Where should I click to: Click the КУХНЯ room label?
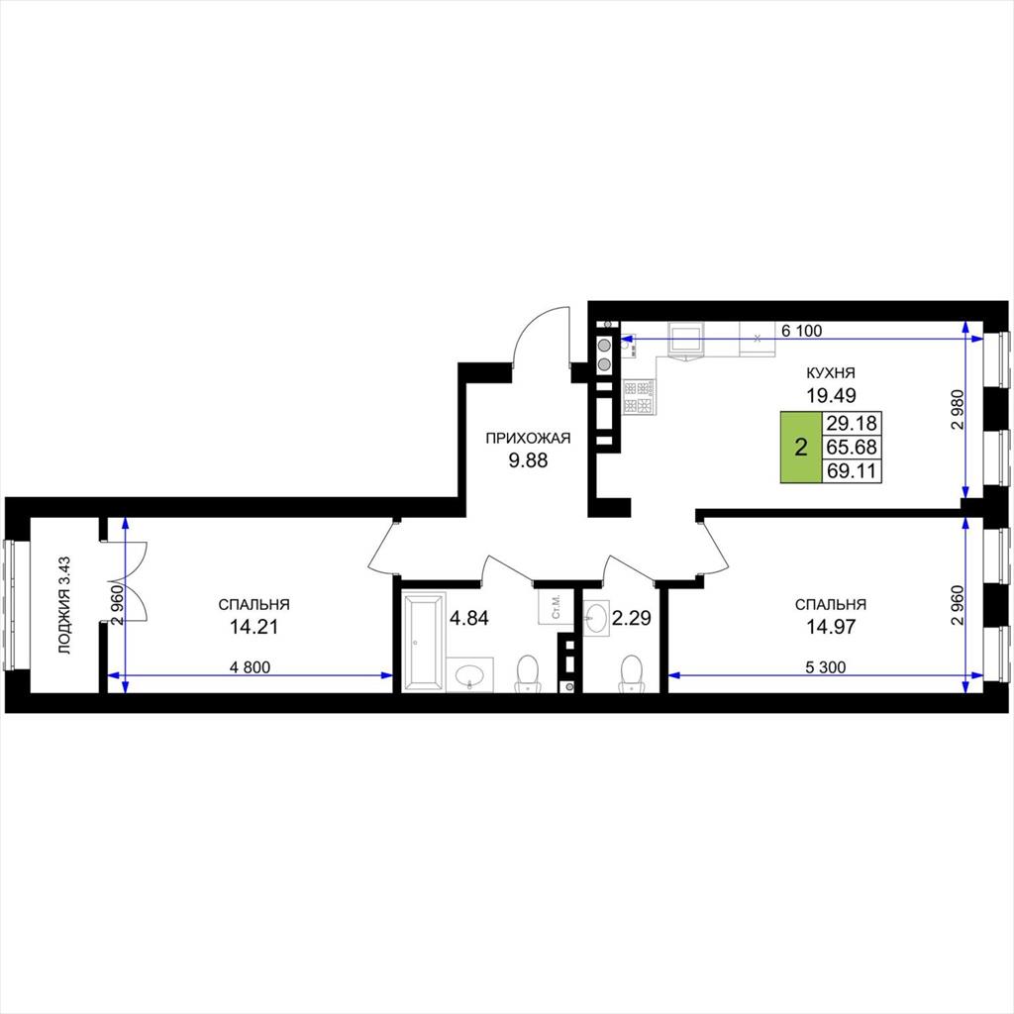pos(831,372)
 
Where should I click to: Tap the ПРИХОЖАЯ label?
pos(528,439)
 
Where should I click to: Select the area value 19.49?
pos(831,394)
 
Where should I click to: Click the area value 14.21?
pos(254,626)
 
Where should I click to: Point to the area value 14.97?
pos(831,626)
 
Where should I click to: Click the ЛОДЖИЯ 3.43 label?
pos(64,605)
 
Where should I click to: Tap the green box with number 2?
pos(800,447)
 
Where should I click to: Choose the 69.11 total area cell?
pos(852,470)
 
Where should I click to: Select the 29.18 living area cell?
pos(852,423)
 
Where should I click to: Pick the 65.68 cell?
pos(852,447)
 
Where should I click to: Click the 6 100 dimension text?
pos(802,331)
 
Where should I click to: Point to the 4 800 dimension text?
pos(251,667)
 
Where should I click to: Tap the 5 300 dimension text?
pos(825,667)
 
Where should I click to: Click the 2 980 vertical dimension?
pos(958,409)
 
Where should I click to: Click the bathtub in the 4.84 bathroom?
pos(424,641)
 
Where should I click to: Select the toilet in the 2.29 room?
pos(631,673)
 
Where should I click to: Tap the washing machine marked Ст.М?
pos(555,607)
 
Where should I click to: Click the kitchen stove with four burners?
pos(639,397)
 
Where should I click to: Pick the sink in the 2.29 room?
pos(596,618)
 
